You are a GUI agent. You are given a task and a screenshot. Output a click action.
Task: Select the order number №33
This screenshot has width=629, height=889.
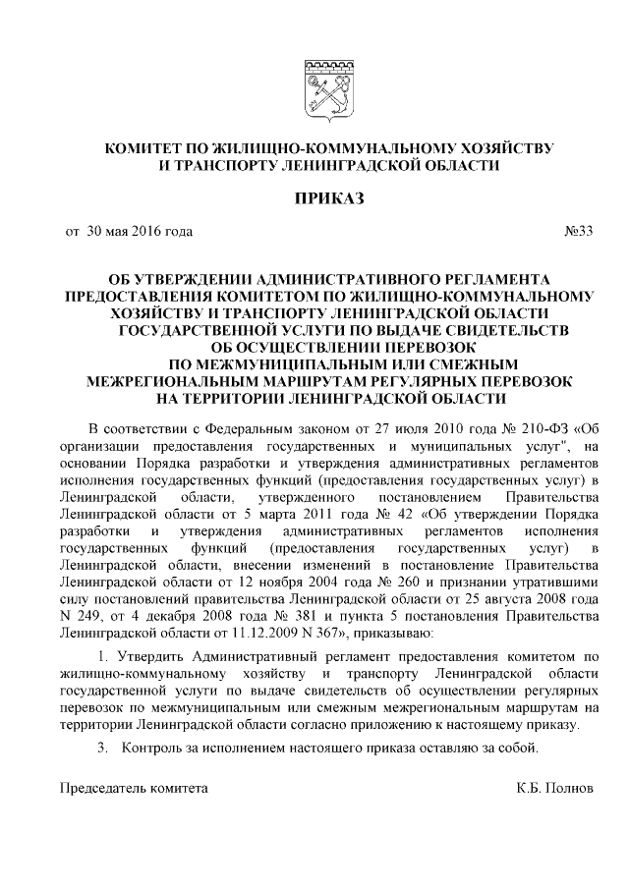coord(578,232)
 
